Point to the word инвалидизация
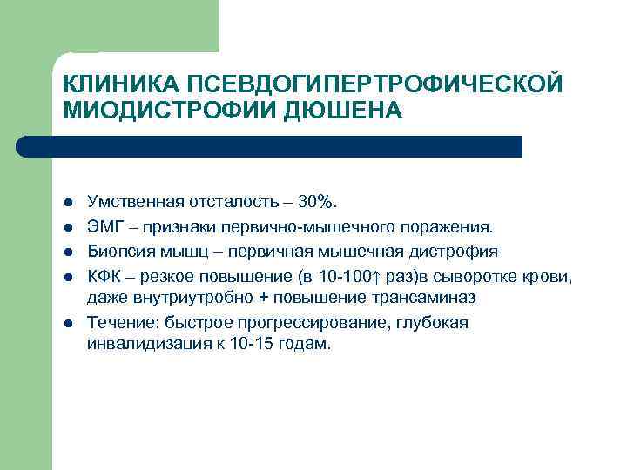[147, 344]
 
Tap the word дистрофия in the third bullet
[462, 252]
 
